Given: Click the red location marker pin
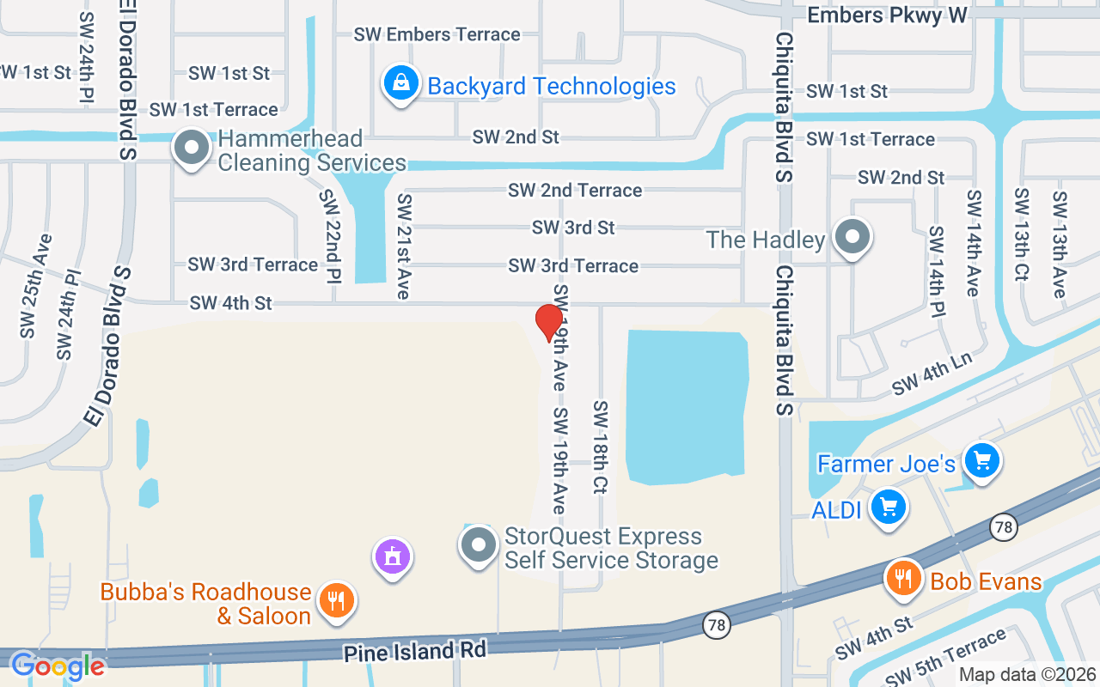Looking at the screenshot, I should pyautogui.click(x=549, y=323).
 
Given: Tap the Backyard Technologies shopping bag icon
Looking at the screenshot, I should pyautogui.click(x=400, y=83).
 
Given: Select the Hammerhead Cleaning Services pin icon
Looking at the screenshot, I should pyautogui.click(x=192, y=149).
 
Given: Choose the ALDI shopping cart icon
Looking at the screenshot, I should pyautogui.click(x=889, y=507).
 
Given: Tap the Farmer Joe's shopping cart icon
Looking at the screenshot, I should pyautogui.click(x=981, y=462).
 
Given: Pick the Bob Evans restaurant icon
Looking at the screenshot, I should pyautogui.click(x=903, y=578).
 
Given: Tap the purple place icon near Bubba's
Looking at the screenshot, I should pyautogui.click(x=393, y=557).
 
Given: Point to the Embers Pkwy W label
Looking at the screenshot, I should pyautogui.click(x=888, y=15).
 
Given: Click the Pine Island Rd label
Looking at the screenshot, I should pyautogui.click(x=415, y=650).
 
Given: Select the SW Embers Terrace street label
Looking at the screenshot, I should pyautogui.click(x=437, y=34).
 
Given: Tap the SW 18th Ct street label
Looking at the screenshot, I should pyautogui.click(x=600, y=447).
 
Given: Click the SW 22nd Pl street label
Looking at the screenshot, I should pyautogui.click(x=330, y=237).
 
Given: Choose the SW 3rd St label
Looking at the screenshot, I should pyautogui.click(x=573, y=228).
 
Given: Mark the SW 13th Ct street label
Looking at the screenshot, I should pyautogui.click(x=1021, y=234).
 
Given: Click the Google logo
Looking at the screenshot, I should pyautogui.click(x=57, y=666).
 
